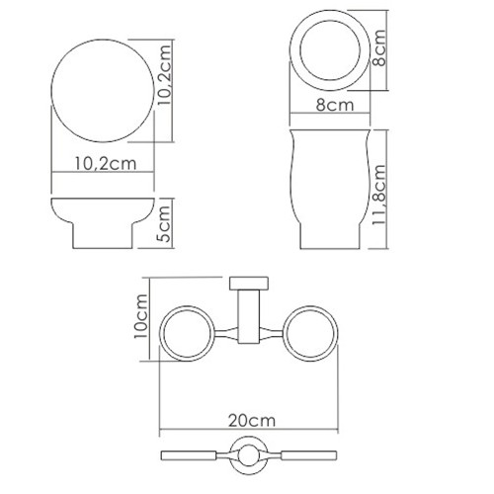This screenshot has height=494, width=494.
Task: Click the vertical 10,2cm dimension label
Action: [x=164, y=75]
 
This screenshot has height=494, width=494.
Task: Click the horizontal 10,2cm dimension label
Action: [x=106, y=163]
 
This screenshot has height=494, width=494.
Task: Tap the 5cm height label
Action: [x=164, y=223]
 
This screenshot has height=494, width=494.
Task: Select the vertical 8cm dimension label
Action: [x=378, y=47]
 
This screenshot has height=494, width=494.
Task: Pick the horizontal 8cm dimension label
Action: [x=335, y=105]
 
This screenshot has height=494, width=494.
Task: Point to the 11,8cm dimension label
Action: [x=378, y=195]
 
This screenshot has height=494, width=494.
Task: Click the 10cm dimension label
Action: [x=140, y=316]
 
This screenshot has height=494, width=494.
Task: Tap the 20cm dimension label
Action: [x=252, y=421]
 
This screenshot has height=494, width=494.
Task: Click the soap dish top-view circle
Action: [x=51, y=91]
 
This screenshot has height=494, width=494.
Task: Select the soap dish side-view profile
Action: [x=103, y=199]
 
